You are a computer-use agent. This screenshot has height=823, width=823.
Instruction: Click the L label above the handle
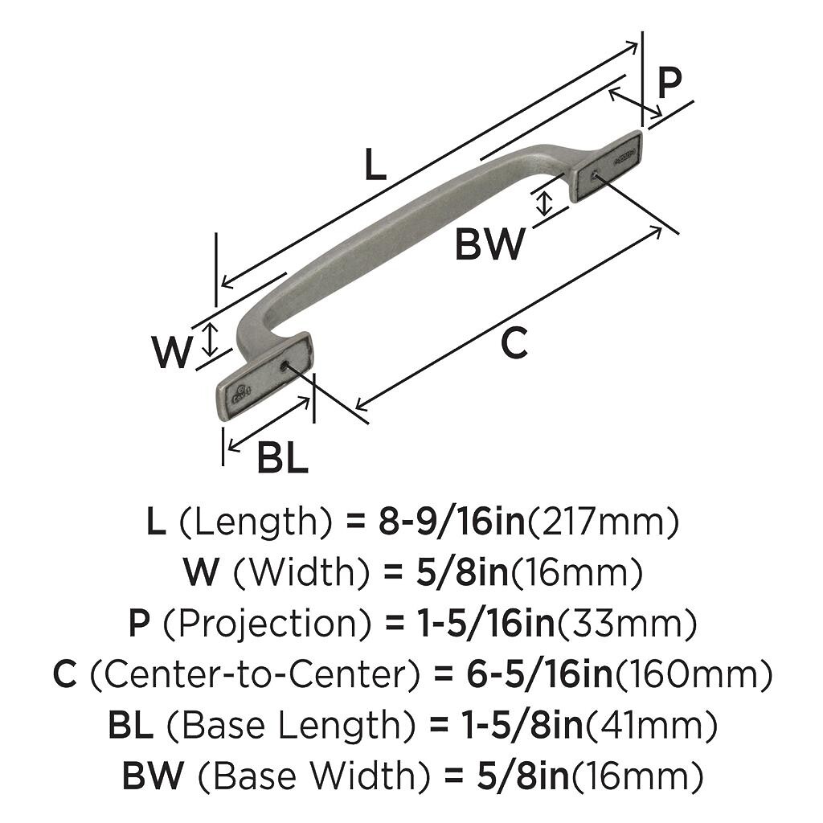pyautogui.click(x=375, y=166)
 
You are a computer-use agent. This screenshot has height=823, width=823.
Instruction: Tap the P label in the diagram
pyautogui.click(x=669, y=82)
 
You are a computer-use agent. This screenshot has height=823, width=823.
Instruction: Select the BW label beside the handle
pyautogui.click(x=489, y=244)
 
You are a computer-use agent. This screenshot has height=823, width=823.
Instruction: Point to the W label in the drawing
pyautogui.click(x=173, y=351)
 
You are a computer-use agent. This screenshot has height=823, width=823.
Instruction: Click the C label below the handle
pyautogui.click(x=514, y=344)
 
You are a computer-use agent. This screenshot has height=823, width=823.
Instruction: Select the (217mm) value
pyautogui.click(x=602, y=522)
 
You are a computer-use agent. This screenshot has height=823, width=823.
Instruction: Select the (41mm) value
pyautogui.click(x=651, y=726)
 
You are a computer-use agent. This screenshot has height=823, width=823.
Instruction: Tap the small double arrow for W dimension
pyautogui.click(x=210, y=338)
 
